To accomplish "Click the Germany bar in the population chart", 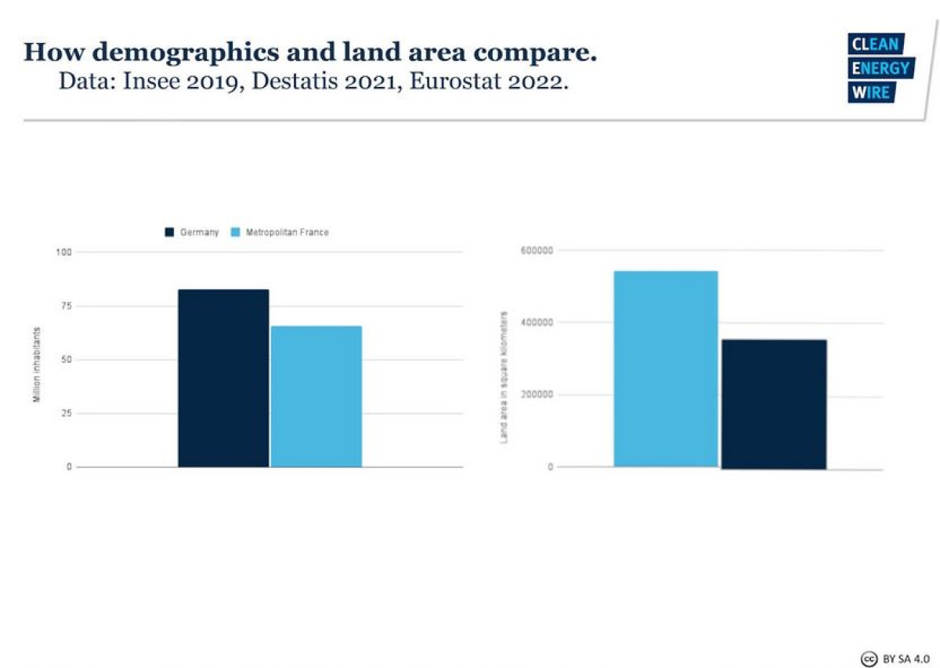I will tap(223, 378).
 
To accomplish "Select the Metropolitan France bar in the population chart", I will tap(316, 396).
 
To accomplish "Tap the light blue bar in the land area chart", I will tap(665, 368).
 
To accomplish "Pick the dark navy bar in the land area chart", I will tap(773, 404).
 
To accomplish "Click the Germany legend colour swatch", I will tap(169, 232).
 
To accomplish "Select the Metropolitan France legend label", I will tap(287, 232).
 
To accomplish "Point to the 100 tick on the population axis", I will tap(63, 252).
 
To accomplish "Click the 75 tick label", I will tap(65, 306).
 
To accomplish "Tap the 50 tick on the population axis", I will tap(65, 360).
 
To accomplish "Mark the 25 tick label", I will tap(65, 413).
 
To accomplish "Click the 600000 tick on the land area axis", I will tap(537, 250).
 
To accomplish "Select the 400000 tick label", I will tap(537, 322).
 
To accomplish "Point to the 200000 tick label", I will tap(537, 394).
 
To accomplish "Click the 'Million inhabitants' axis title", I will tap(36, 366).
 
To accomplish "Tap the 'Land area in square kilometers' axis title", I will tap(504, 377).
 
